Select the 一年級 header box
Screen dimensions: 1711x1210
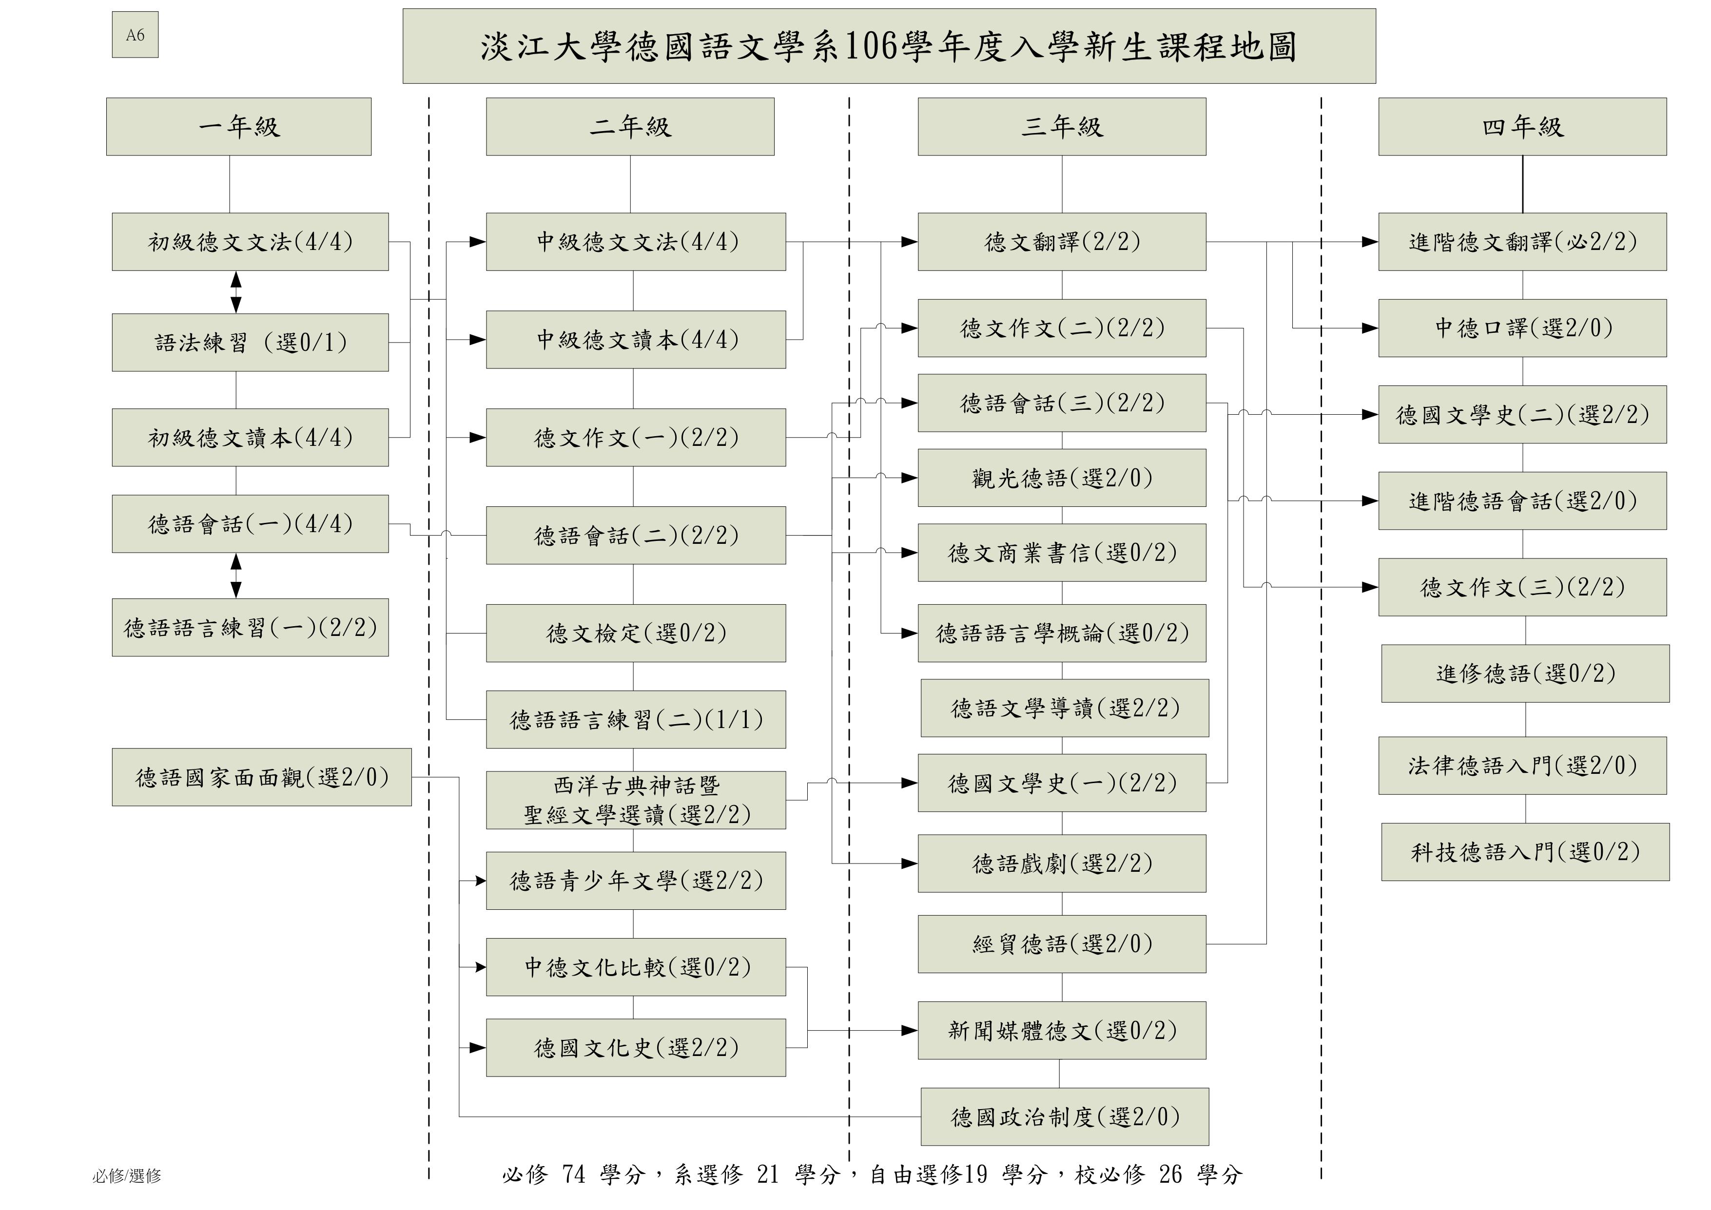238,127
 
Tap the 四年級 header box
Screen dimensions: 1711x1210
1522,127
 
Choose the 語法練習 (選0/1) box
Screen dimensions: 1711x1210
251,343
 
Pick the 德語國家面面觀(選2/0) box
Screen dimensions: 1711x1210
262,777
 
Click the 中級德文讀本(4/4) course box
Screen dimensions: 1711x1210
636,340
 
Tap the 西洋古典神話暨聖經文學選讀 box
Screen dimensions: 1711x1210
636,800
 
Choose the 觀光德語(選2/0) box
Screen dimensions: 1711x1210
1062,478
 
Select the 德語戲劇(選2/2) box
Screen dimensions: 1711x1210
1062,864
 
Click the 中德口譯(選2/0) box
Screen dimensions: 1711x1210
1522,328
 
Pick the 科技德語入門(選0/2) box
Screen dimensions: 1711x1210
1525,852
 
